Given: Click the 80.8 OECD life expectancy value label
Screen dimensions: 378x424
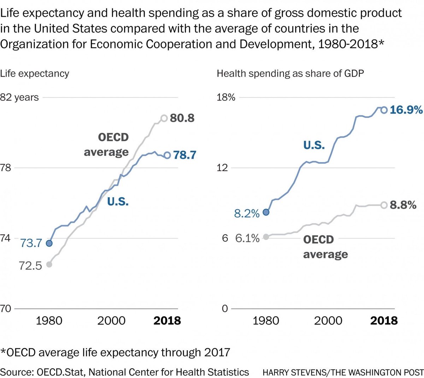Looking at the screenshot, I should click(182, 118).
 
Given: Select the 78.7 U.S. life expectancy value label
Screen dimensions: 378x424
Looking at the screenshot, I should click(184, 155).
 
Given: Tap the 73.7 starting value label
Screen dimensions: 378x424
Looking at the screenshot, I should click(31, 243).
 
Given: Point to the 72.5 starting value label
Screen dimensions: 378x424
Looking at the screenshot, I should click(30, 265).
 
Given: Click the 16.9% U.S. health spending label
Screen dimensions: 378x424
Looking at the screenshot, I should click(406, 110).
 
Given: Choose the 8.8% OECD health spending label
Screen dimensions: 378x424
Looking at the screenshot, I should click(403, 205).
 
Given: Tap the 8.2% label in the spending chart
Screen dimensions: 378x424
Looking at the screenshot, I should click(247, 213).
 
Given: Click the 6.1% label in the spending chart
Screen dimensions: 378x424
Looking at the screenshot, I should click(247, 238).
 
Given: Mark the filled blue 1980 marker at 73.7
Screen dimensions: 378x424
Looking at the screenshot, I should click(49, 243).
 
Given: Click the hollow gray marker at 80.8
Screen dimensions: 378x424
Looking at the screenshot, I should click(164, 118).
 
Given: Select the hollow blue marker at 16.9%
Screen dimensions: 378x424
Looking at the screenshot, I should click(384, 110).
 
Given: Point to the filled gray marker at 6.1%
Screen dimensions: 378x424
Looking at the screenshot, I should click(266, 237).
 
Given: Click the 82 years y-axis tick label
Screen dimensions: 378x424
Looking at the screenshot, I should click(19, 97).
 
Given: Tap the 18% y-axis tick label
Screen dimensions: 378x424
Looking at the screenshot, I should click(226, 97).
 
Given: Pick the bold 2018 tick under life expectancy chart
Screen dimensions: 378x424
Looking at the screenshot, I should click(167, 321).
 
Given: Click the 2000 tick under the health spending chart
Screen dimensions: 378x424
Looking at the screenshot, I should click(328, 321).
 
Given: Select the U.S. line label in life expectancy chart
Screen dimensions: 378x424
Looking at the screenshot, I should click(118, 201).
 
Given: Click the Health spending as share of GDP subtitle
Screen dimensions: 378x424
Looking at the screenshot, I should click(290, 73).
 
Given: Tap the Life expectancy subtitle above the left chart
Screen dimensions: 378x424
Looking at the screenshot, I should click(35, 73).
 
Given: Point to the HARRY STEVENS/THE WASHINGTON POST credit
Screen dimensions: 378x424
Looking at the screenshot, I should click(343, 372).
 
